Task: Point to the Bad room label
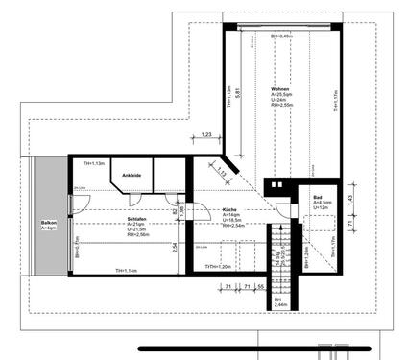pyautogui.click(x=319, y=196)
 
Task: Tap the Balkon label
pyautogui.click(x=48, y=223)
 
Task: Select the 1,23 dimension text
pyautogui.click(x=206, y=137)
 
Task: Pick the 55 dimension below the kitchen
pyautogui.click(x=259, y=286)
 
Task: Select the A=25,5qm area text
pyautogui.click(x=281, y=94)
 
